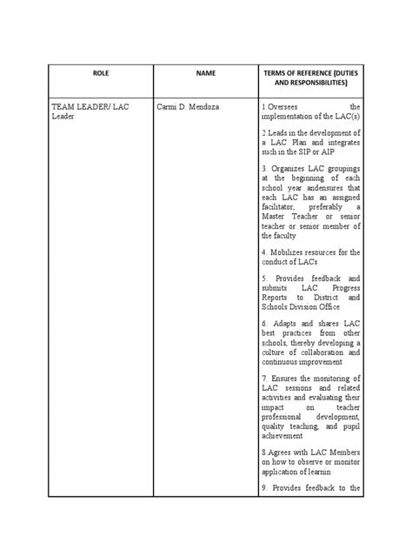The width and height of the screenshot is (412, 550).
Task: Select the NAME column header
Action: [206, 73]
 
